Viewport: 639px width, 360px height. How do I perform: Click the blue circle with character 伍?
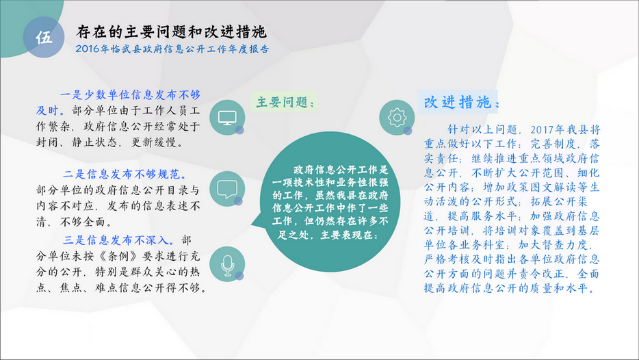(44, 37)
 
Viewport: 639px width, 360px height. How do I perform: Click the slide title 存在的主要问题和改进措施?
(172, 31)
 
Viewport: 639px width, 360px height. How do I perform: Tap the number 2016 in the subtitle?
(87, 49)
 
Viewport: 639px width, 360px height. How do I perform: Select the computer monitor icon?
(227, 118)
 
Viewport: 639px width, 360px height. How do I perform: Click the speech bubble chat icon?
(227, 189)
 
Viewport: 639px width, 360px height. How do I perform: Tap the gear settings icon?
(397, 118)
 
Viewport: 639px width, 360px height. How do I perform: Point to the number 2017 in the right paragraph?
(542, 130)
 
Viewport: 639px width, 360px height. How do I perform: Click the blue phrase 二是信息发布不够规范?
(125, 175)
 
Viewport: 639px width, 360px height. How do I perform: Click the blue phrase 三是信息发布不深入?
(118, 240)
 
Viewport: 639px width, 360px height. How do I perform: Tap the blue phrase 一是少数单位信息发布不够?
(130, 95)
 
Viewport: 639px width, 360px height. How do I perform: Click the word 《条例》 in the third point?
(118, 256)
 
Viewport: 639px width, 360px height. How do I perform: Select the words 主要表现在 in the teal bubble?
(349, 235)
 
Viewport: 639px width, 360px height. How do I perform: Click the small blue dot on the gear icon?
(408, 131)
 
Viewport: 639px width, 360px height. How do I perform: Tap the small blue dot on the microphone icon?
(239, 276)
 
